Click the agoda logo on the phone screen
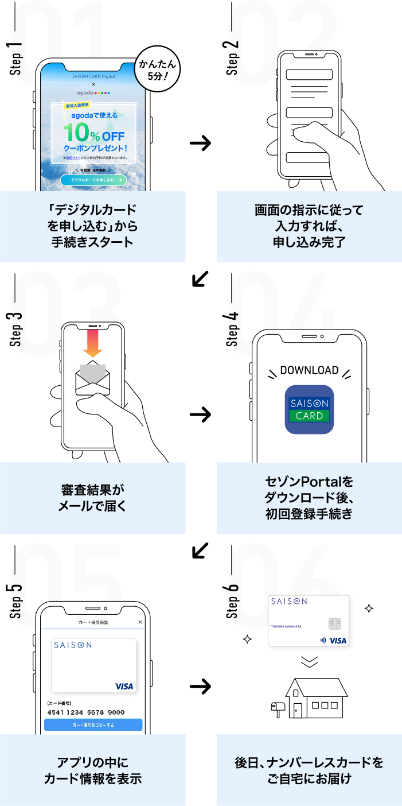(x=93, y=92)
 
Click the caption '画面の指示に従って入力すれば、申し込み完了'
(x=309, y=226)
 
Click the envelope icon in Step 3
(x=93, y=379)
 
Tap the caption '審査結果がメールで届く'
(x=92, y=498)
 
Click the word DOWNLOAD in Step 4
(x=309, y=370)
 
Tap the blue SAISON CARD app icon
(x=309, y=409)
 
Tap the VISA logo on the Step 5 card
(x=124, y=686)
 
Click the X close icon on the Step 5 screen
(x=140, y=622)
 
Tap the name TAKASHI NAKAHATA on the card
(x=287, y=626)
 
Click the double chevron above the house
(x=309, y=662)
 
